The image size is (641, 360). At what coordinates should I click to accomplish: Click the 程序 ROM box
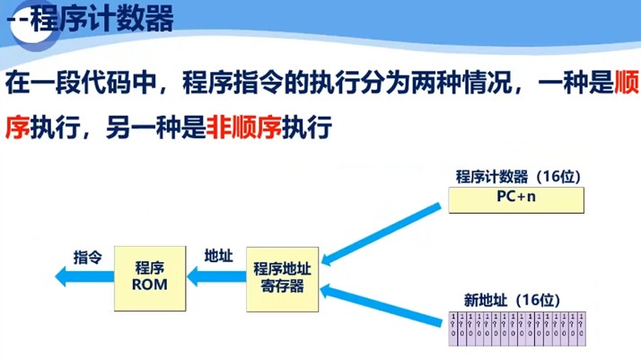click(x=149, y=277)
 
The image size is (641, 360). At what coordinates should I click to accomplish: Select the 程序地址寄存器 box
click(x=282, y=277)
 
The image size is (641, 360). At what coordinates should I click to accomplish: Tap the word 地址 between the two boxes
click(x=218, y=256)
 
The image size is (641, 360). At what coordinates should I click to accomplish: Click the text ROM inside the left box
click(x=149, y=285)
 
